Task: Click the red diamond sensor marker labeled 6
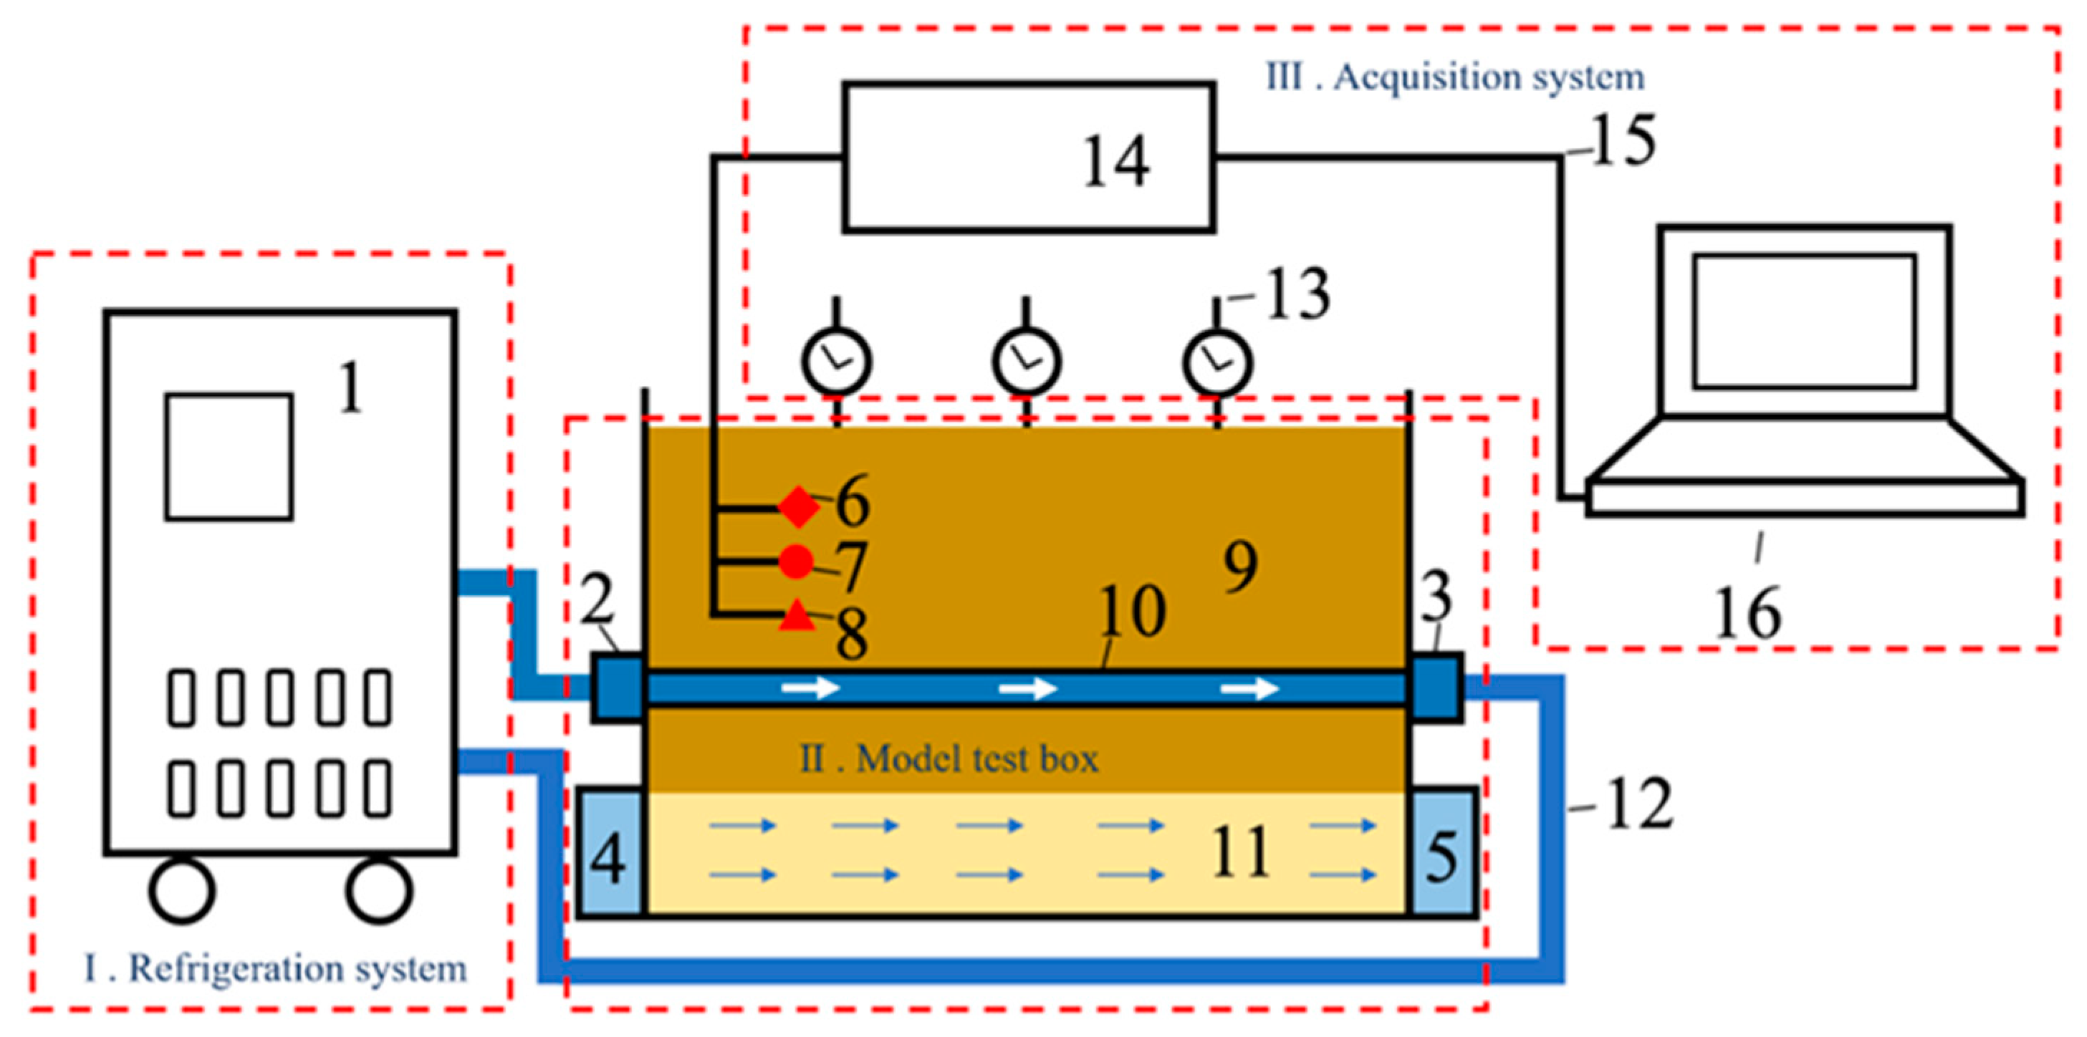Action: pyautogui.click(x=799, y=507)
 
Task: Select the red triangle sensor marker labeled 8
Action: pyautogui.click(x=797, y=617)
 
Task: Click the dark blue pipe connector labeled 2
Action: pyautogui.click(x=618, y=688)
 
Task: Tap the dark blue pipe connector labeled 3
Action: pyautogui.click(x=1437, y=687)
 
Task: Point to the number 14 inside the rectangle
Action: pyautogui.click(x=1116, y=161)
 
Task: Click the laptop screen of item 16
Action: pyautogui.click(x=1804, y=321)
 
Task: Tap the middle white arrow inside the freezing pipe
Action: pyautogui.click(x=1028, y=690)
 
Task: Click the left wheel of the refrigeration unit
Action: pyautogui.click(x=182, y=890)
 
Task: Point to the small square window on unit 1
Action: pyautogui.click(x=229, y=457)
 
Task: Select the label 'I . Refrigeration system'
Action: pyautogui.click(x=275, y=968)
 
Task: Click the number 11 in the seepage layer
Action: pyautogui.click(x=1240, y=852)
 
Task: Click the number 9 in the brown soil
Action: pyautogui.click(x=1240, y=566)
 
